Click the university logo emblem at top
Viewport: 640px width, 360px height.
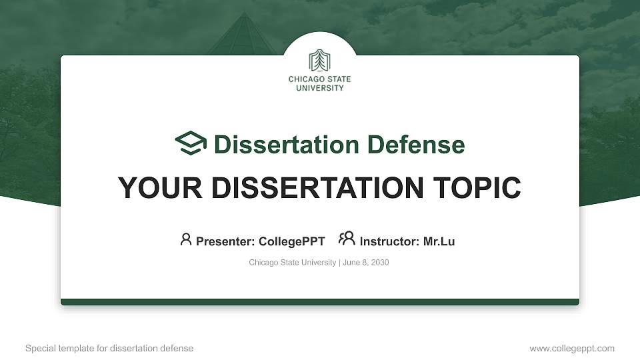click(319, 61)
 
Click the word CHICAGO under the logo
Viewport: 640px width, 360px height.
click(303, 79)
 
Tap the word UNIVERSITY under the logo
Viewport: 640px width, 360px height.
click(319, 87)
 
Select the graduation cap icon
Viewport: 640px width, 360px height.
click(191, 144)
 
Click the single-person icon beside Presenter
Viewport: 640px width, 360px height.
click(186, 239)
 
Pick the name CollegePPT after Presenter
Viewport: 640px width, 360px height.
click(291, 241)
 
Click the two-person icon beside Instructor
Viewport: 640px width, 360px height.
click(347, 239)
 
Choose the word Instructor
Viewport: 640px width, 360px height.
click(389, 241)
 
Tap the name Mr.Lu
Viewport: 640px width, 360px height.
click(439, 241)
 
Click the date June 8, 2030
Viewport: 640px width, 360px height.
click(366, 263)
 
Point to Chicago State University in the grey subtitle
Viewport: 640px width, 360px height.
click(292, 263)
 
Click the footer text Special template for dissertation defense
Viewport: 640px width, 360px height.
click(109, 348)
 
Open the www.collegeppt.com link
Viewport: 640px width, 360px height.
click(572, 348)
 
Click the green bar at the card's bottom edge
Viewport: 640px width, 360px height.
click(319, 302)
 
